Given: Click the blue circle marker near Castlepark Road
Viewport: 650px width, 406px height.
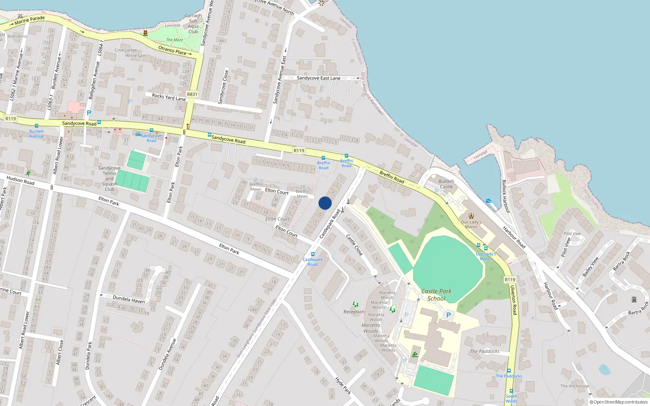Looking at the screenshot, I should [325, 203].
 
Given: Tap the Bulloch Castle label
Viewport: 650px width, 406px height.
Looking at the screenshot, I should [446, 184].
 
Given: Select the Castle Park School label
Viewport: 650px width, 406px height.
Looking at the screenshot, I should [436, 295].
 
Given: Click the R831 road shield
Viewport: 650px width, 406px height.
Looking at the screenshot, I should [192, 94].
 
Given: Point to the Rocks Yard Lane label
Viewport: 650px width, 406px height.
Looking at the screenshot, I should [169, 97].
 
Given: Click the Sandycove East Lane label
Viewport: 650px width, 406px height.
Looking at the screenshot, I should [318, 78].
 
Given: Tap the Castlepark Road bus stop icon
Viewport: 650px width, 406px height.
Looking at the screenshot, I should [312, 255].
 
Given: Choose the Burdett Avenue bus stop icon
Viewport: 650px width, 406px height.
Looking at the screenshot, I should [37, 126].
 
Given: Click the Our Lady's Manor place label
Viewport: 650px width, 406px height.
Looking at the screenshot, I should [471, 225].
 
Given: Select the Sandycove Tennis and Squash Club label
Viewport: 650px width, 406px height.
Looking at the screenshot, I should [109, 179].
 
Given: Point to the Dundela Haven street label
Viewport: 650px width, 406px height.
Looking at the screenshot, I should [128, 300].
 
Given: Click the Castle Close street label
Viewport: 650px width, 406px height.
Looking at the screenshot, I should [354, 244].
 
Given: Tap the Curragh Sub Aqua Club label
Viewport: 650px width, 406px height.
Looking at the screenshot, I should [193, 24].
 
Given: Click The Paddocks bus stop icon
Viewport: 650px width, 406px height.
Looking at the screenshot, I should [509, 371].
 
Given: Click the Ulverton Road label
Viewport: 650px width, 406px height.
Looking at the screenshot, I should [513, 300].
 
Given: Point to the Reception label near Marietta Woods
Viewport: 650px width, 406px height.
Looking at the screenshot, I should [354, 312].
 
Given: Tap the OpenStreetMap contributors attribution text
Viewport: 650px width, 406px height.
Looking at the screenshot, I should [618, 402].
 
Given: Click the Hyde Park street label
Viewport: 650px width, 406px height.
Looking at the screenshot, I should [343, 386].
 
